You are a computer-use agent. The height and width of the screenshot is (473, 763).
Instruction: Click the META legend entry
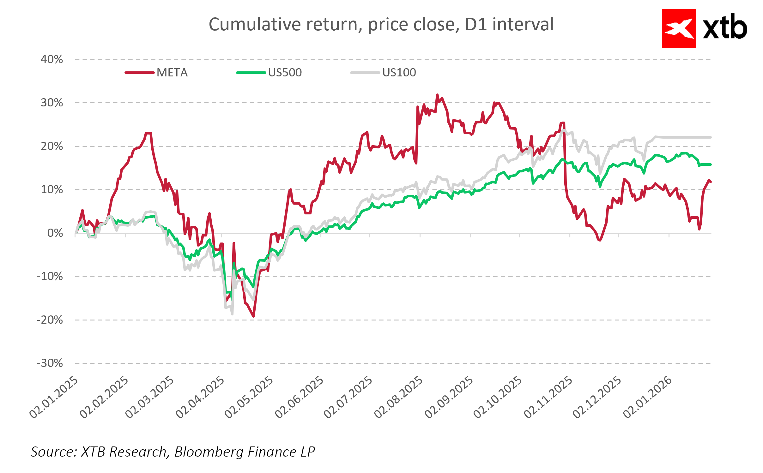[172, 73]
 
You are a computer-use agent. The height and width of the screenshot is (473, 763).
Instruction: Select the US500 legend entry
[285, 73]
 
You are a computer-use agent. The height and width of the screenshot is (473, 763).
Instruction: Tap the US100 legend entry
[399, 73]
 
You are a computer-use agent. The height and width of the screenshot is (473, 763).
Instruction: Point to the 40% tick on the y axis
[52, 59]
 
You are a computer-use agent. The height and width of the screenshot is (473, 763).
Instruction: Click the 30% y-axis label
[52, 103]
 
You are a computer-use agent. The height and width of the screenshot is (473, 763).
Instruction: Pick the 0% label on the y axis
[55, 233]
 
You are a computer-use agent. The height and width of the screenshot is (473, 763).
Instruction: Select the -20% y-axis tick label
[50, 320]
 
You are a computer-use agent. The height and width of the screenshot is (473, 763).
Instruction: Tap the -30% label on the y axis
[50, 363]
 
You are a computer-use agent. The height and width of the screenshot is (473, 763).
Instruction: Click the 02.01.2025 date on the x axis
[54, 397]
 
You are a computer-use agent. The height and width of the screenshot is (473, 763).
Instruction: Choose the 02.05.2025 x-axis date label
[249, 397]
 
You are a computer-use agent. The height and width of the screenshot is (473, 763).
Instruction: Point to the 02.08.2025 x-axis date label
[398, 397]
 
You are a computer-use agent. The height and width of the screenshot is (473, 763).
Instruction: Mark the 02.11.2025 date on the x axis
[548, 397]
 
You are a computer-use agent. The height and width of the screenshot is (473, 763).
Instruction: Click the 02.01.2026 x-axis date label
[647, 397]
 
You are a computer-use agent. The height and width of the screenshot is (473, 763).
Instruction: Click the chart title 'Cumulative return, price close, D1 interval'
[381, 24]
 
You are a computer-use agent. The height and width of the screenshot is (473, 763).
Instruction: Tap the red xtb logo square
[679, 29]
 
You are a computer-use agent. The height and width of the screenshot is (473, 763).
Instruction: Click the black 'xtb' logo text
[725, 28]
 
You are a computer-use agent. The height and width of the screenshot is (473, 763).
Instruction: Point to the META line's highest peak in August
[437, 95]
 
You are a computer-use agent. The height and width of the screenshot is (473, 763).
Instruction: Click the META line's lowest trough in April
[253, 316]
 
